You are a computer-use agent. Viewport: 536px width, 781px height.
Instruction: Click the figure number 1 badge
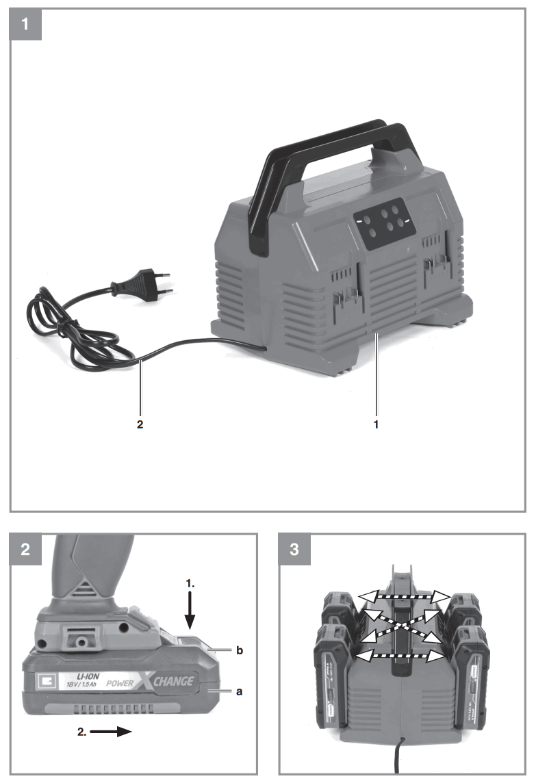click(x=25, y=25)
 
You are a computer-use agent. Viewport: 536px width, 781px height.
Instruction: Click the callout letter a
click(x=239, y=692)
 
